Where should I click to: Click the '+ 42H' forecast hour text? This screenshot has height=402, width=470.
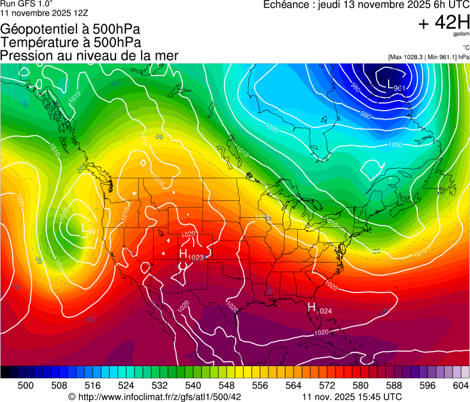pos(444,23)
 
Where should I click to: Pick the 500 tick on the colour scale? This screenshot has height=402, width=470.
pos(26,385)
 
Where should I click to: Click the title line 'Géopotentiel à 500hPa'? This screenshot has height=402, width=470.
pos(71,29)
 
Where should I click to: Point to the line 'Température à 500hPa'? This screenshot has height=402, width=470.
pos(71,42)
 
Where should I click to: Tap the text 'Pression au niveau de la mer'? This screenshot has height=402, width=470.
pos(90,56)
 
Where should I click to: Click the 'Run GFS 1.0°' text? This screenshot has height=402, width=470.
pos(26,4)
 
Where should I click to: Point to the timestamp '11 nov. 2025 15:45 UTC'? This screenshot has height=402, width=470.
pos(352,397)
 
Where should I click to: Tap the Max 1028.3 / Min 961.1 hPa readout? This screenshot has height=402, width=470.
pos(428,57)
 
